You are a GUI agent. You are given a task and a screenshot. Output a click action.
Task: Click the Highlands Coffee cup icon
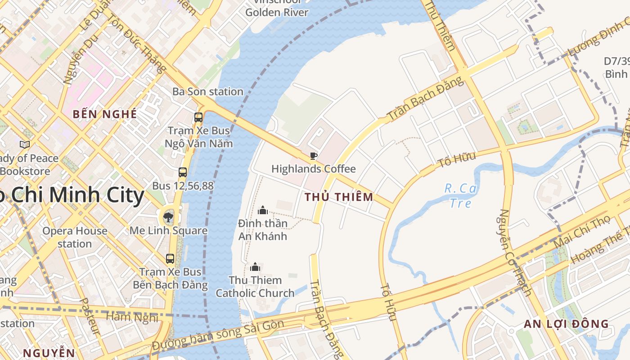coord(314,156)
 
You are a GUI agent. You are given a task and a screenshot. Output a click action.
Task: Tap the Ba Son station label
coord(207,92)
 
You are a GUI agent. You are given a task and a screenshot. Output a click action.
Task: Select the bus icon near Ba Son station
coord(198,117)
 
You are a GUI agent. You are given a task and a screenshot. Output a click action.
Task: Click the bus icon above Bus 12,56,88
coord(183,172)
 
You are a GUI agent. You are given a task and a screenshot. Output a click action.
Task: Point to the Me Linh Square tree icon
coord(168,218)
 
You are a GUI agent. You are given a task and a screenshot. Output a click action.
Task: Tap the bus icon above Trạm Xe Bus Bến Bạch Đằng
coord(170,259)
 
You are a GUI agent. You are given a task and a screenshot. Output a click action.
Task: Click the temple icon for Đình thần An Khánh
coord(263,210)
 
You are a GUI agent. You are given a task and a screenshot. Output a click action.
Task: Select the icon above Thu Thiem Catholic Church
coord(255,267)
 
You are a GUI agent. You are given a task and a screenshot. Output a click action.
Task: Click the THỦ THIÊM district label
coord(339,197)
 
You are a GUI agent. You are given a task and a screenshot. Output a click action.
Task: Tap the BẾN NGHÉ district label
coord(105,114)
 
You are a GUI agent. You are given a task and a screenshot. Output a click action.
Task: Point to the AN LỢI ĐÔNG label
coord(566,324)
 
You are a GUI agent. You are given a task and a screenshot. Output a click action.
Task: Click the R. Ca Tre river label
coord(461,196)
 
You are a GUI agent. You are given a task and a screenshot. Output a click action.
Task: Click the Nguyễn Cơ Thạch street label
coord(515,252)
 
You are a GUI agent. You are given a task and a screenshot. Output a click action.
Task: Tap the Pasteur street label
coord(90,316)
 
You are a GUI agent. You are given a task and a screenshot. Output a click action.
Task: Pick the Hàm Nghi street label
coord(132,317)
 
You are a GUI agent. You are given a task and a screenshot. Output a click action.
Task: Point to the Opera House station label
coord(75,238)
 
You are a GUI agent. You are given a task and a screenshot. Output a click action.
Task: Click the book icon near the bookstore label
coord(25,144)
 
